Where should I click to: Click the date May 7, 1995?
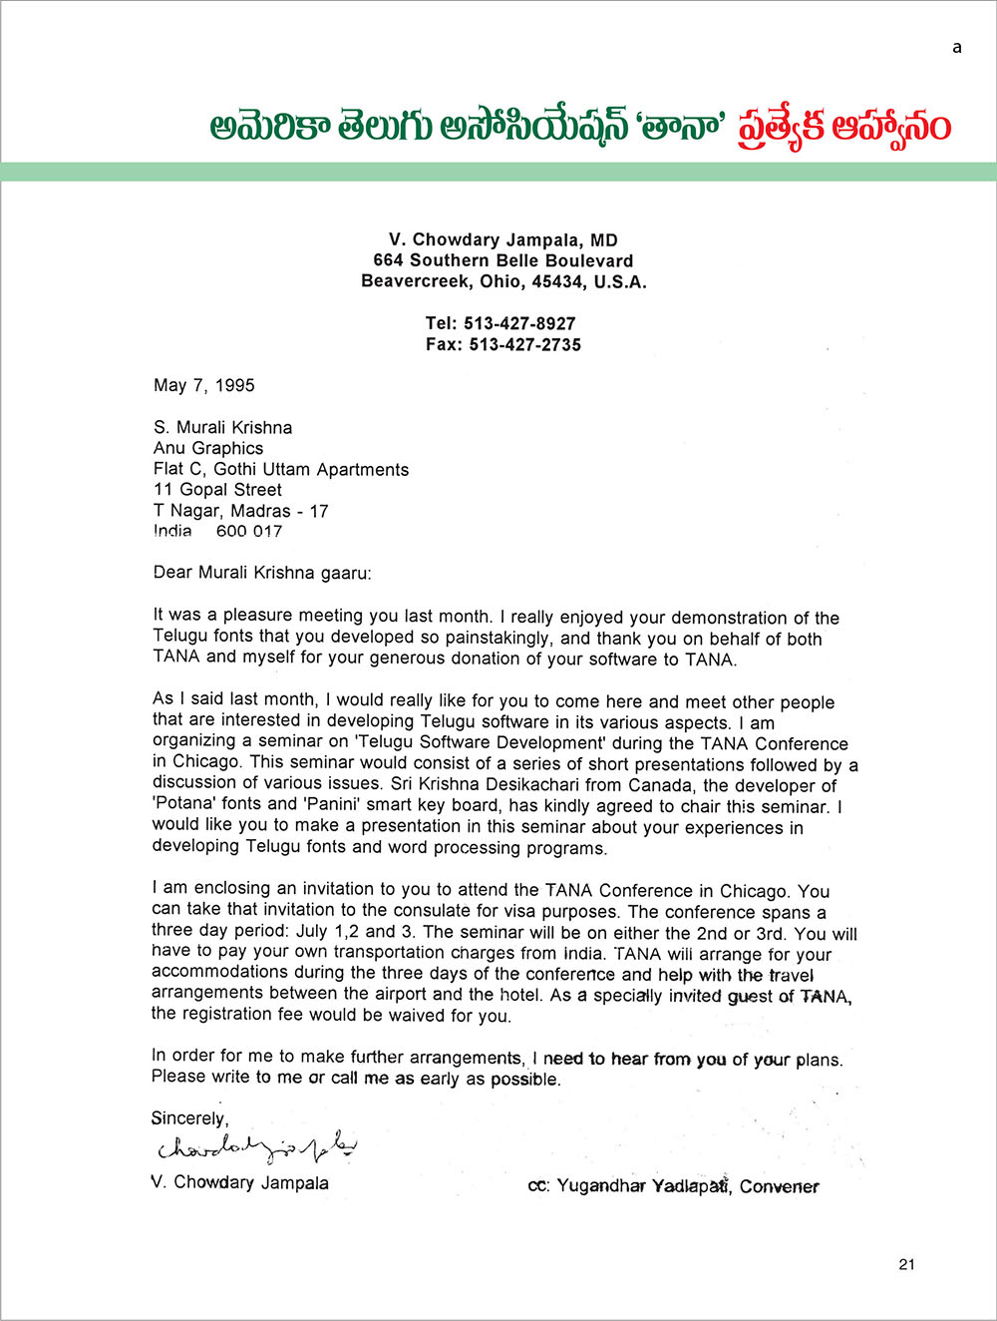204,385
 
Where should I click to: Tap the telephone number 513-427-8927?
519,323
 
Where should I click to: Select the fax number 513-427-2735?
524,344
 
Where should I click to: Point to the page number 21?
906,1264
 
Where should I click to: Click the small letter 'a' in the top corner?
957,47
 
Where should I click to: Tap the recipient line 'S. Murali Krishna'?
222,427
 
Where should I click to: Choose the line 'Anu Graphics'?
208,448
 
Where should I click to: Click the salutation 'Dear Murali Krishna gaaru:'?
262,573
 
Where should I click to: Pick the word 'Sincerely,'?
189,1118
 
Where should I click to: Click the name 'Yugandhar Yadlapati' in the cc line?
644,1186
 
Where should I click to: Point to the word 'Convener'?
779,1186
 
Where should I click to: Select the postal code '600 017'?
249,532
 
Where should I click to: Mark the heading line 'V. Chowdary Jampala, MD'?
503,239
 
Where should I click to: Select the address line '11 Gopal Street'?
217,490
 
